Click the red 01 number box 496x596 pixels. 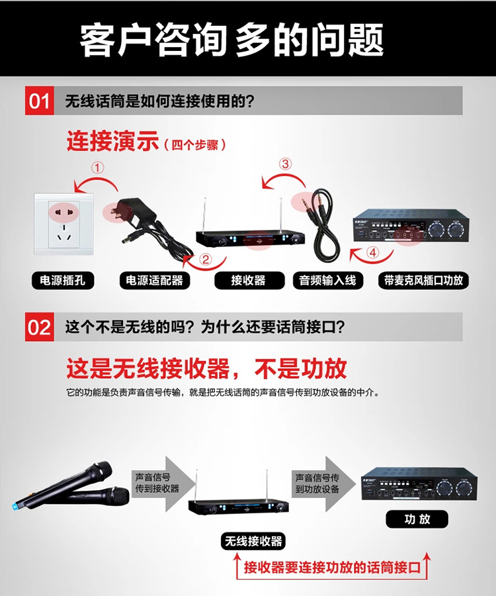[x=40, y=101]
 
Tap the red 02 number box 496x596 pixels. [x=40, y=327]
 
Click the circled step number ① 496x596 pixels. [x=97, y=168]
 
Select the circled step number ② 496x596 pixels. [x=205, y=260]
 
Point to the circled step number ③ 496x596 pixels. [x=286, y=164]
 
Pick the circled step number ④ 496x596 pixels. [x=373, y=252]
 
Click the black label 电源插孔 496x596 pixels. [x=63, y=281]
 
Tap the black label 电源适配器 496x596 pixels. [x=155, y=281]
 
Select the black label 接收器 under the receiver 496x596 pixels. [x=249, y=281]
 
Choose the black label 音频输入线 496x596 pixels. [x=328, y=281]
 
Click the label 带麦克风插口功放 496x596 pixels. [x=423, y=281]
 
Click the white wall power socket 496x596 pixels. [x=63, y=224]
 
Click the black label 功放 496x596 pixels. [x=417, y=519]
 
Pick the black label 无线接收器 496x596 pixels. [x=253, y=541]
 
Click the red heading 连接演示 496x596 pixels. [x=112, y=141]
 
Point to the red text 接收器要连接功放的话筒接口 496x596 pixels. [x=332, y=568]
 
